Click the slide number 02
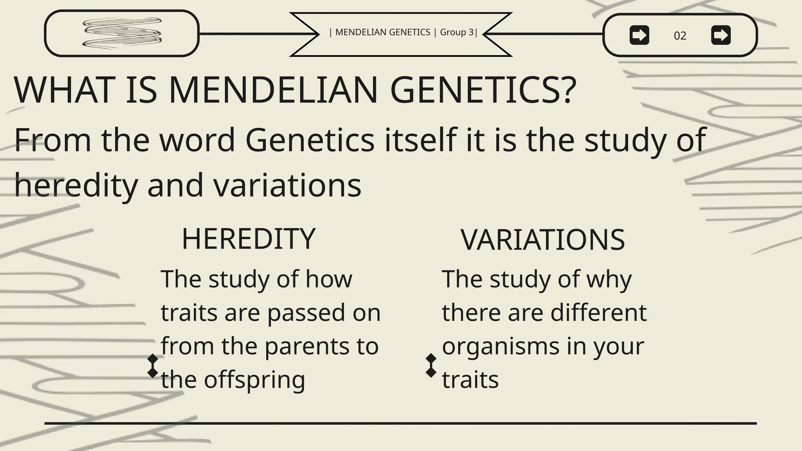[x=680, y=36]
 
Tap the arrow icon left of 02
[x=639, y=35]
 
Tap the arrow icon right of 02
[x=721, y=35]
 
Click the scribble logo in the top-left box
[x=122, y=33]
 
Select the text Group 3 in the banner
[x=457, y=32]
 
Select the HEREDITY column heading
[x=249, y=239]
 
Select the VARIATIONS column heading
[x=543, y=240]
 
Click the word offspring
[x=254, y=380]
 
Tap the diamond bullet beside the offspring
[x=152, y=366]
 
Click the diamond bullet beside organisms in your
[x=431, y=365]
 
